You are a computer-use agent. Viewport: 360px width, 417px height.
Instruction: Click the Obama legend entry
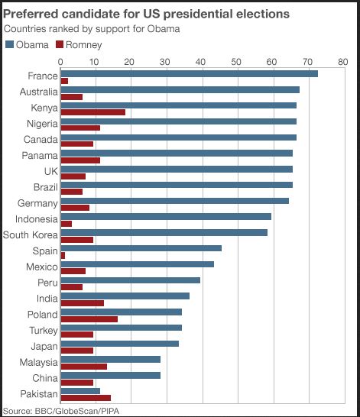[27, 44]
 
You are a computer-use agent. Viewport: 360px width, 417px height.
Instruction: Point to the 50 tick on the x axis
[236, 61]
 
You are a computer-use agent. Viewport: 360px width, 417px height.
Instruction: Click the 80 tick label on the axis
[342, 61]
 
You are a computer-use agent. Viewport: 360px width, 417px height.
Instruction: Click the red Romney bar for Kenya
[92, 112]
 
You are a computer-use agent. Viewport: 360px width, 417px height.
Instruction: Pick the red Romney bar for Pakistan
[86, 397]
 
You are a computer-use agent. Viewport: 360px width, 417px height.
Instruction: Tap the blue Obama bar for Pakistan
[80, 390]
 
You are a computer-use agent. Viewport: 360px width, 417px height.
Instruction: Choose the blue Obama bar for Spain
[141, 248]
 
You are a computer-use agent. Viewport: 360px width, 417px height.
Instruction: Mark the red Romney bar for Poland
[89, 318]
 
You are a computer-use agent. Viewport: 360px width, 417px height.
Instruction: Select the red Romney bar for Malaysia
[83, 366]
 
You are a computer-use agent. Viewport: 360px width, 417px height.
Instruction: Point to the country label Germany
[37, 203]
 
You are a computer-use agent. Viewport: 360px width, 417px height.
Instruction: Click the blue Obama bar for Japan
[119, 343]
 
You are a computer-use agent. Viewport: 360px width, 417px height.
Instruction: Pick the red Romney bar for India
[82, 303]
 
